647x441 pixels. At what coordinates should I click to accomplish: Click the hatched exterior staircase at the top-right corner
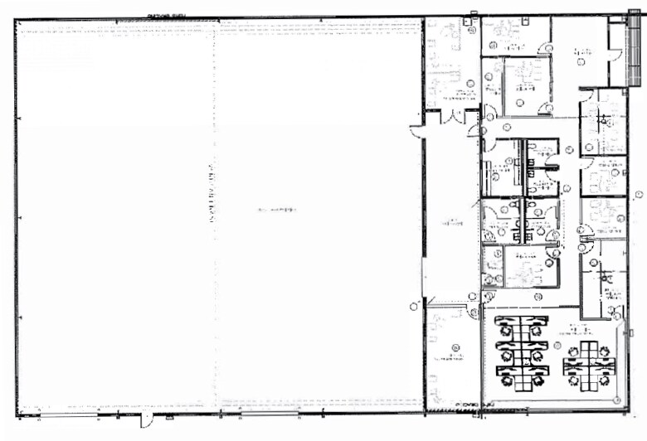point(634,51)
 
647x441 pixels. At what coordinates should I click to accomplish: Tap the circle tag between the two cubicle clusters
point(557,345)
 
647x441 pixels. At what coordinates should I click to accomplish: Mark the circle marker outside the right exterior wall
point(639,194)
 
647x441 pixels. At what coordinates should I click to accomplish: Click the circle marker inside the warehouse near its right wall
point(413,307)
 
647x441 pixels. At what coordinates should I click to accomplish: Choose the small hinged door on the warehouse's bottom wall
point(146,416)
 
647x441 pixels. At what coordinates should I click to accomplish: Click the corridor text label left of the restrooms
point(453,221)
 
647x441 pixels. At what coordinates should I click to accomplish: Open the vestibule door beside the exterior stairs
point(615,56)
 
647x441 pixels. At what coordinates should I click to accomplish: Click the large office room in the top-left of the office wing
point(452,62)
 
